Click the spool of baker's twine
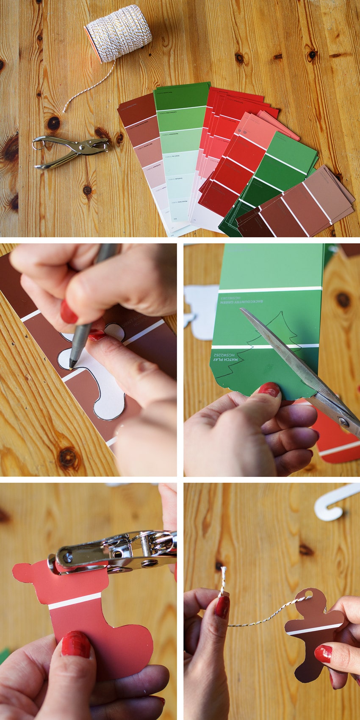[119, 32]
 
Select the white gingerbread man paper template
[102, 381]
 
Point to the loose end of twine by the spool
[65, 111]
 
